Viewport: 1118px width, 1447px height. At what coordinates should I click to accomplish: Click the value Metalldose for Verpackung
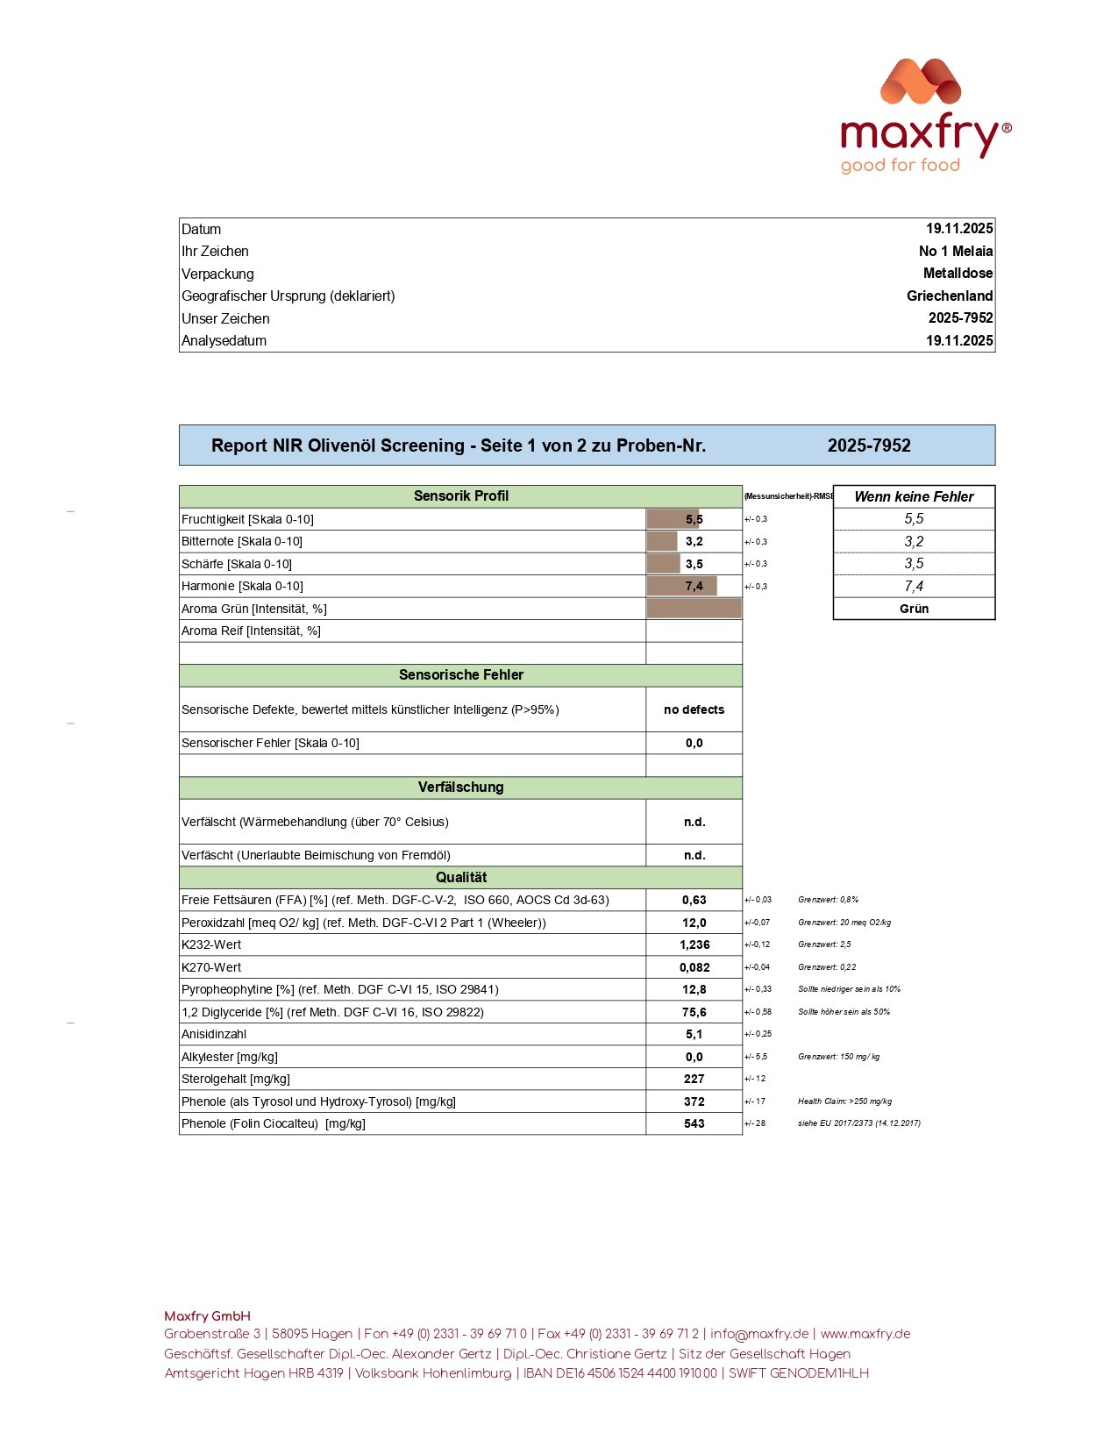coord(958,274)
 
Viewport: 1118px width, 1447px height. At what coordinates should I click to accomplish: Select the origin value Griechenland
coord(950,296)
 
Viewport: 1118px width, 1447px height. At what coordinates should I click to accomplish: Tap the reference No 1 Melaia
coord(956,252)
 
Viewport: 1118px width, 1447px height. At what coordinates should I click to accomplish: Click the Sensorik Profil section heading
coord(460,496)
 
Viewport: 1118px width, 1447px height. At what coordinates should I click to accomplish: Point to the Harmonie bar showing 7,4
coord(682,587)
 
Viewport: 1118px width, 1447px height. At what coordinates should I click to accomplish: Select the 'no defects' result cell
coord(694,709)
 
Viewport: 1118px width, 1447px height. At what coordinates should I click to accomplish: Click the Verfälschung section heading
coord(460,788)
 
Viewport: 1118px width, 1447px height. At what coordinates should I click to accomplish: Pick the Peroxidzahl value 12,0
coord(694,923)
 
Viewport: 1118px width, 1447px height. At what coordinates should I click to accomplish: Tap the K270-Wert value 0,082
coord(694,967)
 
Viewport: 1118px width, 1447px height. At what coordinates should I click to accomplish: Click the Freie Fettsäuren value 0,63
coord(694,901)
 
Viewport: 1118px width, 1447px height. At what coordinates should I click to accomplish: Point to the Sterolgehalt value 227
coord(694,1080)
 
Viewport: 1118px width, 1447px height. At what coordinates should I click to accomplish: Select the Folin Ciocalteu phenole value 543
coord(694,1124)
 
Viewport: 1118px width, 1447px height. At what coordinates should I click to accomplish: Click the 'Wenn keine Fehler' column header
coord(914,497)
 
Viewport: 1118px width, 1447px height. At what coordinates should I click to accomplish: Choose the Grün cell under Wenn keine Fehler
coord(914,609)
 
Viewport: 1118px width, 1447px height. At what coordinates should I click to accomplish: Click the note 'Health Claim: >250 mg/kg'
coord(844,1101)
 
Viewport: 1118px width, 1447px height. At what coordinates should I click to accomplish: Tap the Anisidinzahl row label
coord(214,1035)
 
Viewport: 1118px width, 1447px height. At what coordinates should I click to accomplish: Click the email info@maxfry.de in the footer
coord(759,1334)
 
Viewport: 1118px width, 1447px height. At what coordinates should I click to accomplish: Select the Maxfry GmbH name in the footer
coord(207,1316)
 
